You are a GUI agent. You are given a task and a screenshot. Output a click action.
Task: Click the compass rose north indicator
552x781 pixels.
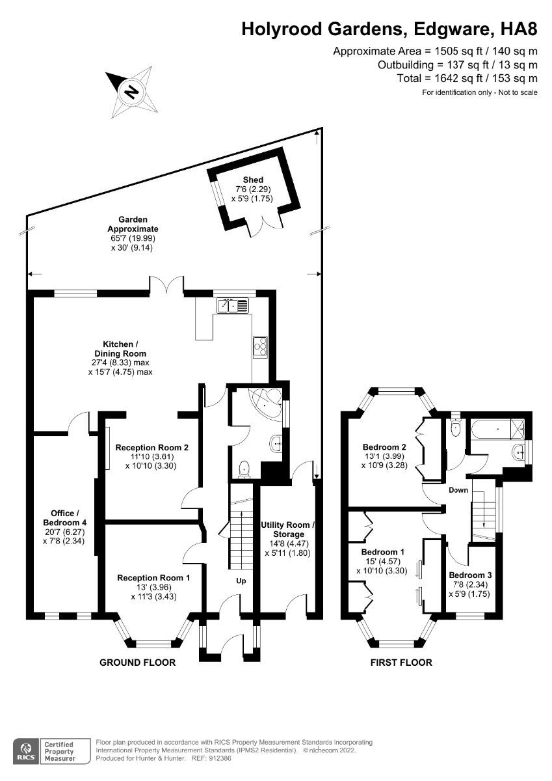133,91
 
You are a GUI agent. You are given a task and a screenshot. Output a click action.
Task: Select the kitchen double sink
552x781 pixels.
232,305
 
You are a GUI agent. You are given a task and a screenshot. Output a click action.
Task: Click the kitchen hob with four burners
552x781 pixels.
260,347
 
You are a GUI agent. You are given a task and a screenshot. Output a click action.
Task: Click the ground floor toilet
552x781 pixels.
245,468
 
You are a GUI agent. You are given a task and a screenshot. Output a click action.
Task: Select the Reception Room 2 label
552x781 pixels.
151,456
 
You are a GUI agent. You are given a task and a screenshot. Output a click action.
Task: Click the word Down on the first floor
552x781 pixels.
458,490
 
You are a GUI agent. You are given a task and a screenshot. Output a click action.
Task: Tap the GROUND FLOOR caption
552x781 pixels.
137,663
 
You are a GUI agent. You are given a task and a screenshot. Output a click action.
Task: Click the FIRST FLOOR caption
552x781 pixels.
401,663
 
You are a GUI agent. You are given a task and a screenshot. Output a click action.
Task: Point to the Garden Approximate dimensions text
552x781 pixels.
133,243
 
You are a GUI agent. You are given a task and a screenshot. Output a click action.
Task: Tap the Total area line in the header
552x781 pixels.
467,78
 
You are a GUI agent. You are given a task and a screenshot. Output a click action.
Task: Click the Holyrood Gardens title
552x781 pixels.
389,29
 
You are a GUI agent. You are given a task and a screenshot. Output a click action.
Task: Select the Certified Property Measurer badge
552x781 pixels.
59,750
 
